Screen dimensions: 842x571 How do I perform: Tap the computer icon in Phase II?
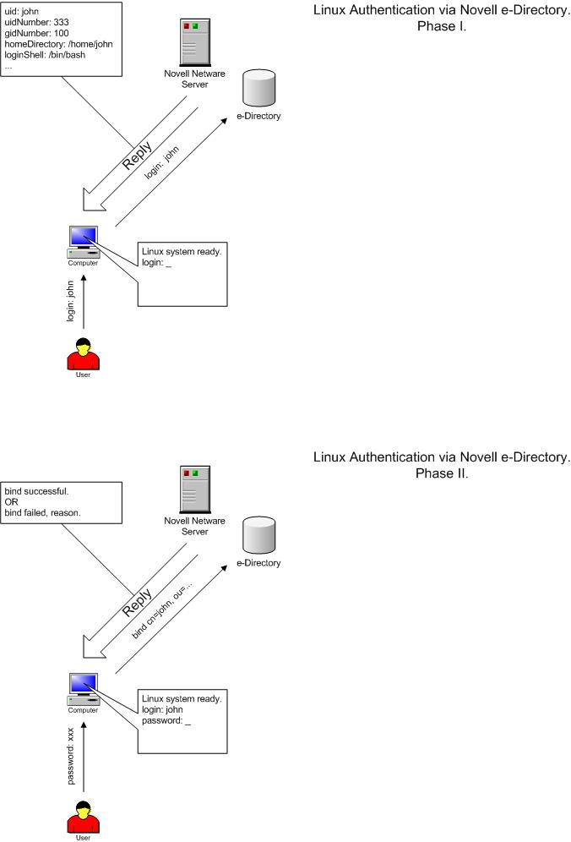pyautogui.click(x=84, y=690)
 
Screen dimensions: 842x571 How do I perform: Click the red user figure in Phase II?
pyautogui.click(x=84, y=815)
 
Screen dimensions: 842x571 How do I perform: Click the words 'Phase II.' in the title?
pyautogui.click(x=441, y=473)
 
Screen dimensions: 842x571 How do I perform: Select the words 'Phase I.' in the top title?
pyautogui.click(x=441, y=26)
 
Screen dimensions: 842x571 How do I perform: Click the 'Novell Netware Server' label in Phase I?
pyautogui.click(x=196, y=79)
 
